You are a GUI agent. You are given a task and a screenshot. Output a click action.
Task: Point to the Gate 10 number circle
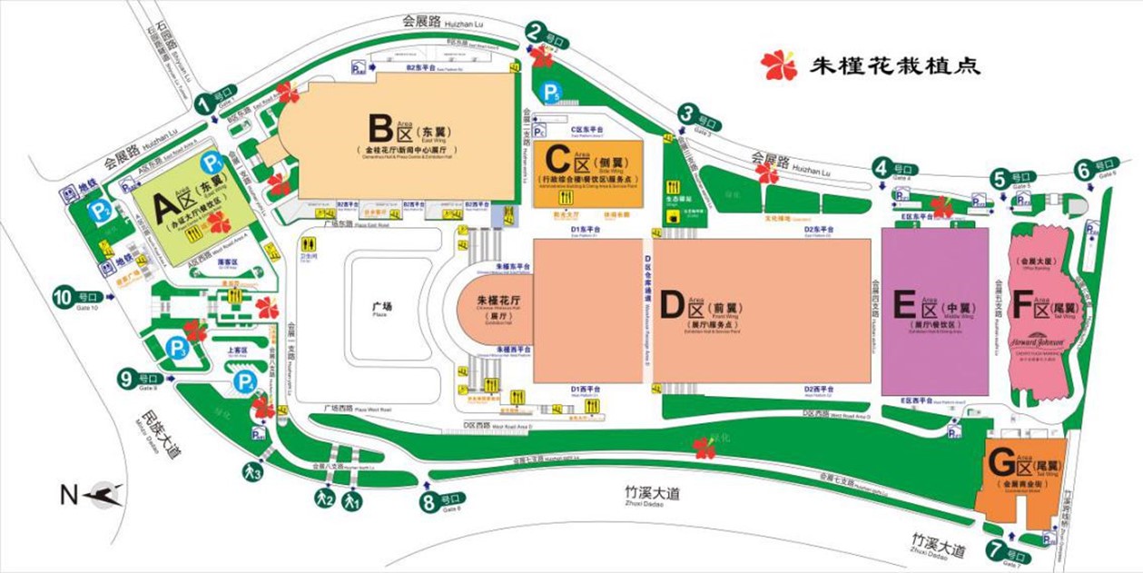[63, 296]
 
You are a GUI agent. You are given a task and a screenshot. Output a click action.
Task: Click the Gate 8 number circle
[429, 501]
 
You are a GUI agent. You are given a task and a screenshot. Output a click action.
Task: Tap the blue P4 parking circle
[244, 382]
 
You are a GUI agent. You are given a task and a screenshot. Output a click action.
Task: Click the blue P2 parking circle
[98, 212]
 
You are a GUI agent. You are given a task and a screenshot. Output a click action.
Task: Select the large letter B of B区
[379, 128]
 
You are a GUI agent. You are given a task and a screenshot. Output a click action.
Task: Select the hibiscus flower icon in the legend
[778, 64]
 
